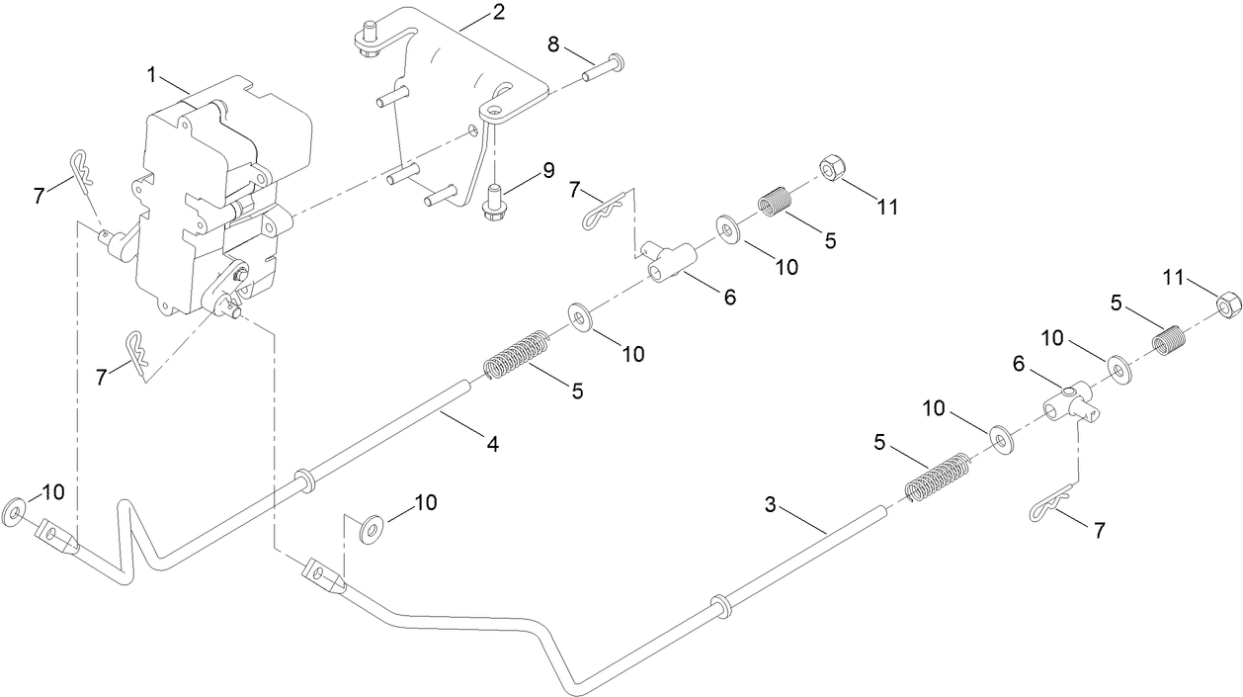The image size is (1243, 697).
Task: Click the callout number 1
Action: pos(152,74)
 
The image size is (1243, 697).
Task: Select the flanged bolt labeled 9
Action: pos(491,201)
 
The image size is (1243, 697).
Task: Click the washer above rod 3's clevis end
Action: pos(371,529)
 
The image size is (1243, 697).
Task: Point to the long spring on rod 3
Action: pos(935,477)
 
